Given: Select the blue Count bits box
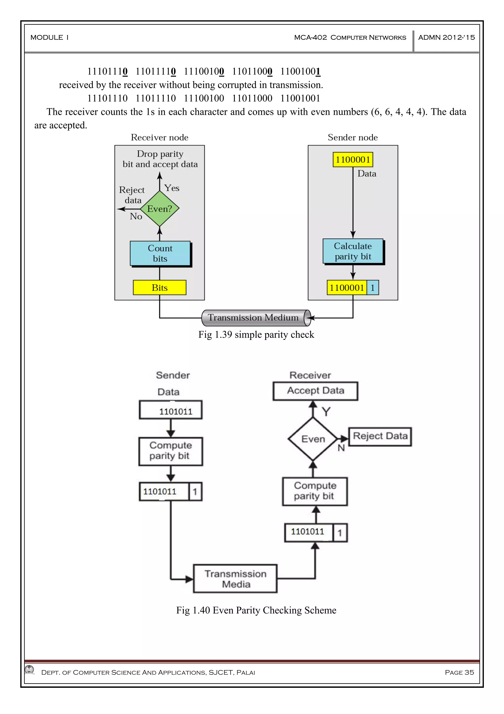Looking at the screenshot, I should coord(160,253).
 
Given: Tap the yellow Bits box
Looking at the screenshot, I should coord(160,287).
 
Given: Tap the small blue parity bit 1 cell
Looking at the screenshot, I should coord(372,287).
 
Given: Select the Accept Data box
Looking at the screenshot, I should coord(315,391).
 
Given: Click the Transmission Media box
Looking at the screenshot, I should coord(235,579).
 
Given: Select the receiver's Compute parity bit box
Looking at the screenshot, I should coord(315,491).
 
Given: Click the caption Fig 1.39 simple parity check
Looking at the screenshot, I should coord(256,335).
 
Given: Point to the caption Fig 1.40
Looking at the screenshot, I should coord(256,610).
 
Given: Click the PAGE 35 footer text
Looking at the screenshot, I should coord(459,672).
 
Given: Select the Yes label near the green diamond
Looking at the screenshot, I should coord(172,188).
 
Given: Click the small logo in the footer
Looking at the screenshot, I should coord(30,670).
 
